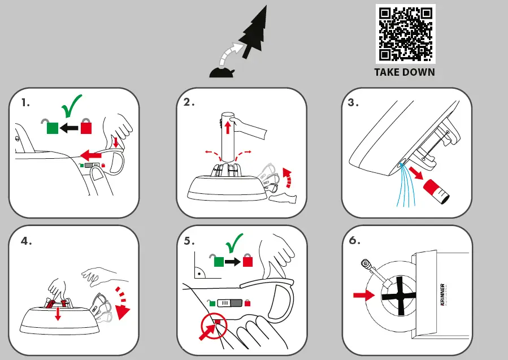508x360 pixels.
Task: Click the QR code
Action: (405, 34)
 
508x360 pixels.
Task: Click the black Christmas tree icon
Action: (254, 32)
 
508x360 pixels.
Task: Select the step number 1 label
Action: (25, 103)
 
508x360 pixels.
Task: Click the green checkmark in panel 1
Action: (71, 106)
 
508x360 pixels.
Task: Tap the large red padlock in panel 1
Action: (86, 126)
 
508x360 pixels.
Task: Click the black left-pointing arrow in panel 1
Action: (69, 128)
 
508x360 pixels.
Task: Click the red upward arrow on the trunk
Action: (227, 127)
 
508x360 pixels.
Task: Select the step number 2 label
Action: (189, 102)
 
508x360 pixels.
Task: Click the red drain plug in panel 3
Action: (436, 192)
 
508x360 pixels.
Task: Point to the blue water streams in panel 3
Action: (406, 185)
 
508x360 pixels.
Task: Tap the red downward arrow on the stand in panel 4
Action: (58, 314)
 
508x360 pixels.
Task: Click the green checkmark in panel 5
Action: (235, 243)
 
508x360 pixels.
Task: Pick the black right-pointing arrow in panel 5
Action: (232, 262)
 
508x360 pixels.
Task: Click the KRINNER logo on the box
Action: (442, 294)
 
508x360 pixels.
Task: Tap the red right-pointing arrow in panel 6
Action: (364, 295)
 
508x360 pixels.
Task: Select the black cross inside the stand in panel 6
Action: (398, 296)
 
